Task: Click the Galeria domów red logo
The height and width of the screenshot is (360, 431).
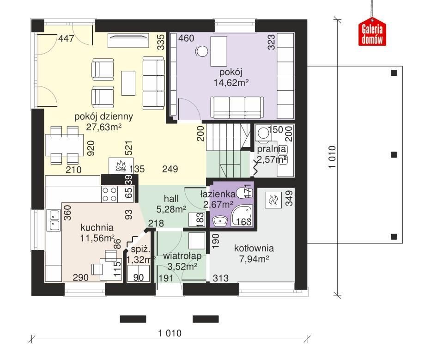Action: click(372, 34)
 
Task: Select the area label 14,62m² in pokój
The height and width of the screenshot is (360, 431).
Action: click(231, 83)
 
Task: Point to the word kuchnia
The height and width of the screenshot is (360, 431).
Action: click(97, 227)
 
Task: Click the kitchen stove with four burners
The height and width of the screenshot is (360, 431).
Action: click(109, 194)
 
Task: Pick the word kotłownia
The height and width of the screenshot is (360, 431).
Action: click(254, 248)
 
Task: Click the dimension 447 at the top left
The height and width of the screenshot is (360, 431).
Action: click(66, 40)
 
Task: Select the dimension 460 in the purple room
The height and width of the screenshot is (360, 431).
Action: click(186, 38)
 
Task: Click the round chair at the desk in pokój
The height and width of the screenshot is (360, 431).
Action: click(202, 51)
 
